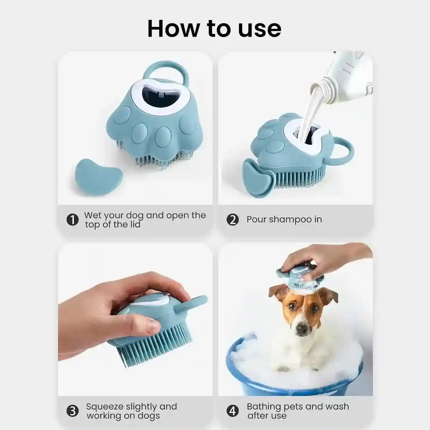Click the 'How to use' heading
214,29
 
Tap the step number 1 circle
73,220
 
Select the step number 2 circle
233,220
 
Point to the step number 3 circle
73,411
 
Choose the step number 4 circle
233,411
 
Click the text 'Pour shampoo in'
284,219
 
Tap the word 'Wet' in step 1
92,215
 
